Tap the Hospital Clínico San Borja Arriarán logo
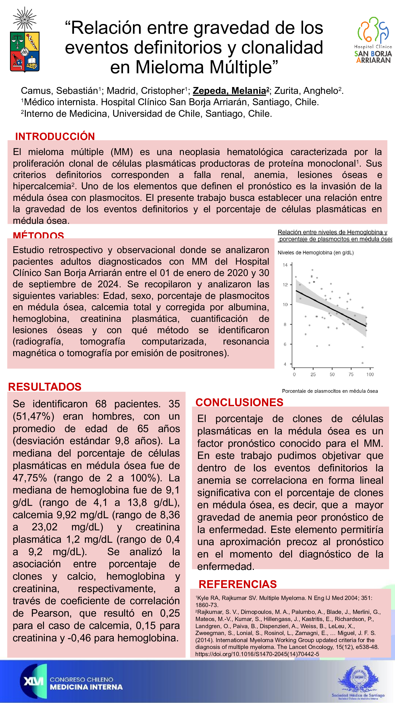pyautogui.click(x=373, y=40)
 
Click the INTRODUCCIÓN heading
pyautogui.click(x=55, y=136)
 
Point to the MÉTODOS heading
pyautogui.click(x=38, y=235)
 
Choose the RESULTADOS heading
pyautogui.click(x=45, y=387)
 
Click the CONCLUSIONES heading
pyautogui.click(x=239, y=402)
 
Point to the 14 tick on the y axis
pyautogui.click(x=285, y=265)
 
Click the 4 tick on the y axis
pyautogui.click(x=285, y=364)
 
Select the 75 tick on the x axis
pyautogui.click(x=351, y=374)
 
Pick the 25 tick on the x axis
pyautogui.click(x=313, y=374)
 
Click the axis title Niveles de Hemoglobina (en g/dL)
pyautogui.click(x=316, y=253)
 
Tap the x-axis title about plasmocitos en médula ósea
pyautogui.click(x=330, y=391)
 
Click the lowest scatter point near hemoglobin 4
pyautogui.click(x=362, y=363)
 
